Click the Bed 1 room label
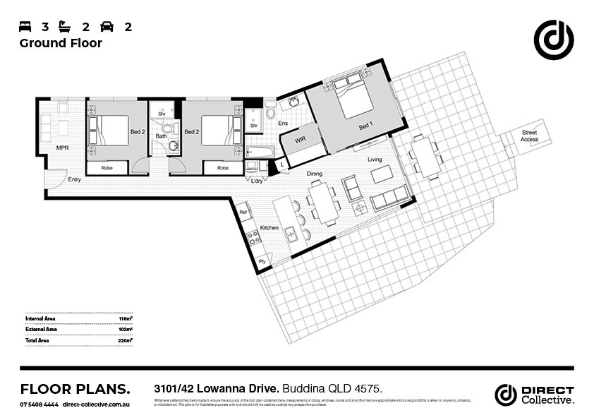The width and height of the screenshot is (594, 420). tap(365, 127)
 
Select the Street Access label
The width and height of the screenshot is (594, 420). tap(529, 136)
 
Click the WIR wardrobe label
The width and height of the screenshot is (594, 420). tap(301, 140)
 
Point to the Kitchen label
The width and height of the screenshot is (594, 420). tap(269, 228)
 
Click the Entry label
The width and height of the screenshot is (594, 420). tap(74, 179)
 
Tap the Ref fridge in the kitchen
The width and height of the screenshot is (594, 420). tap(243, 212)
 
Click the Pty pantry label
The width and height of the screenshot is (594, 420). tap(262, 262)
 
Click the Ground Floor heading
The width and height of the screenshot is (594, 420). tap(61, 44)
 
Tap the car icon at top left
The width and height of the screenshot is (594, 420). tap(107, 27)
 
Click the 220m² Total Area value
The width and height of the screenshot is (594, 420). tap(126, 340)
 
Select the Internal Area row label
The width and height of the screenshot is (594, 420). tap(42, 319)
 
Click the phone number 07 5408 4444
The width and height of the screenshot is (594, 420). tap(38, 404)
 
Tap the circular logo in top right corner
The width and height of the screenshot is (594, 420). tap(553, 40)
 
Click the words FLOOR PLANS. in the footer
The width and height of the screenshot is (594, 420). tap(75, 389)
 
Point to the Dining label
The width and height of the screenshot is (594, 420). tap(315, 174)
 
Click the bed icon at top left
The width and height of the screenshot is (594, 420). tap(25, 27)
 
